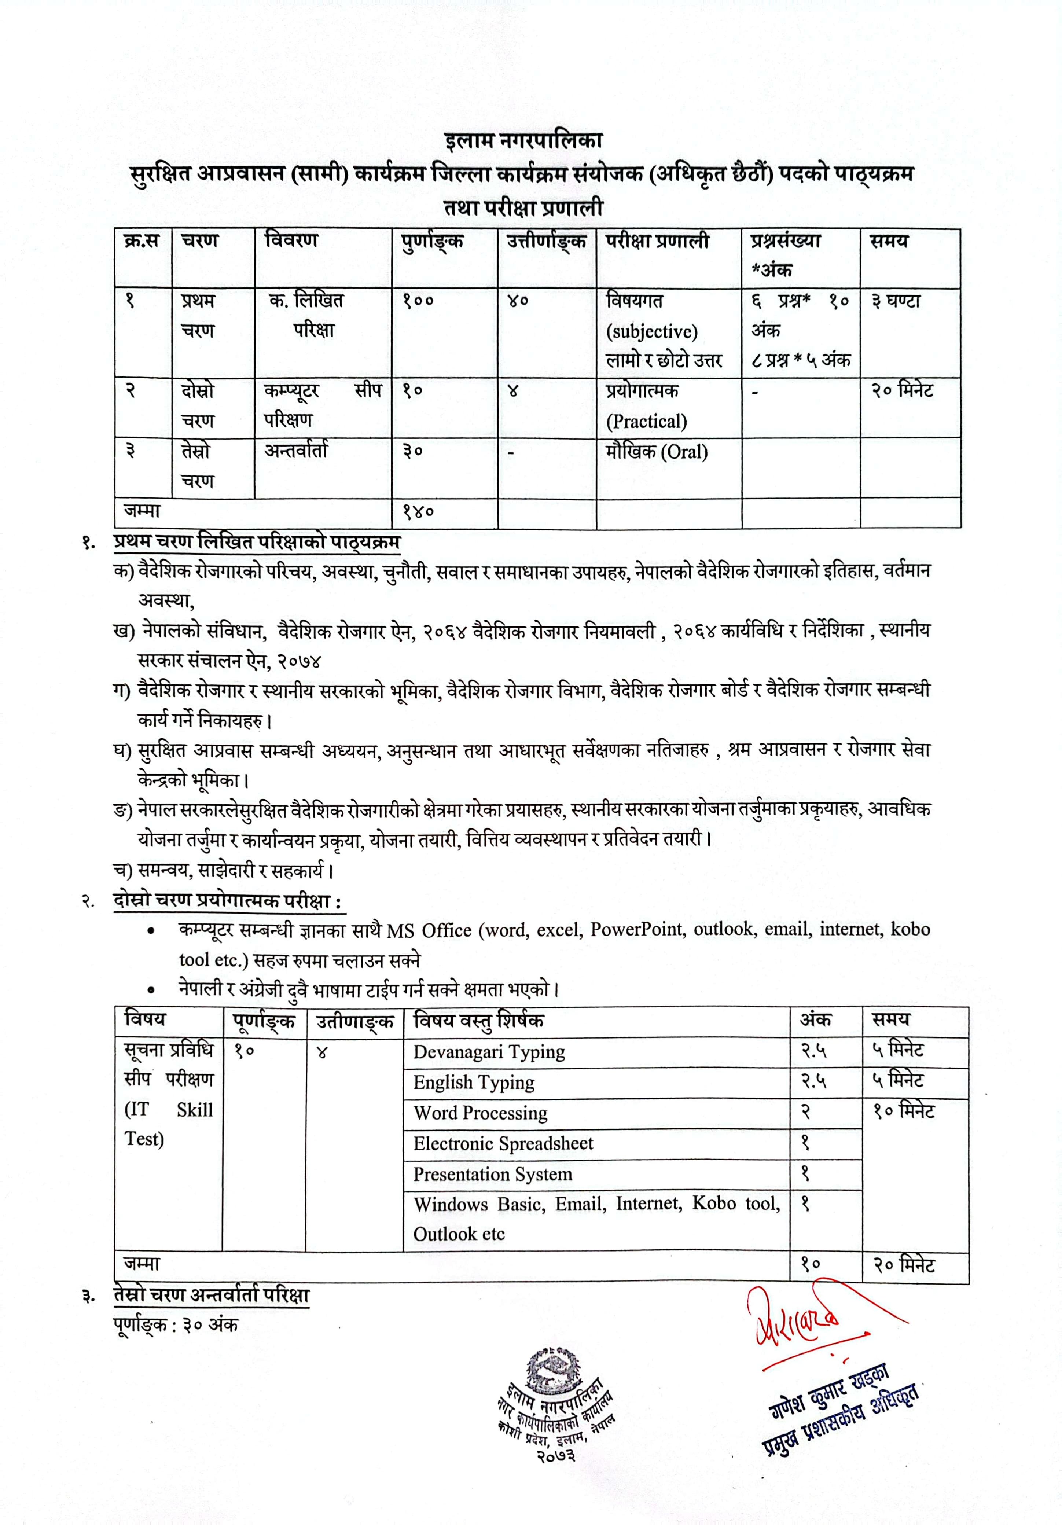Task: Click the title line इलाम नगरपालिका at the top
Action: pos(523,141)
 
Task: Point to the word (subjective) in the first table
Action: pos(651,331)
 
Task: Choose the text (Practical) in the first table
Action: pos(646,421)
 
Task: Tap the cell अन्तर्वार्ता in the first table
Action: pos(296,451)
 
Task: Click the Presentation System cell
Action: pos(492,1174)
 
